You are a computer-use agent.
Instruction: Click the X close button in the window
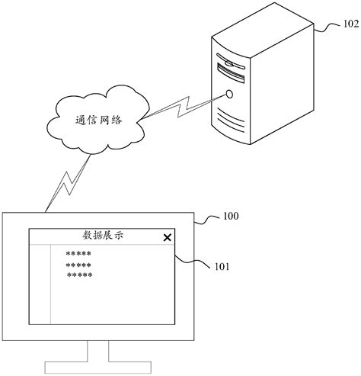click(167, 238)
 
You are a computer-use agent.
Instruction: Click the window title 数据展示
click(102, 236)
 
